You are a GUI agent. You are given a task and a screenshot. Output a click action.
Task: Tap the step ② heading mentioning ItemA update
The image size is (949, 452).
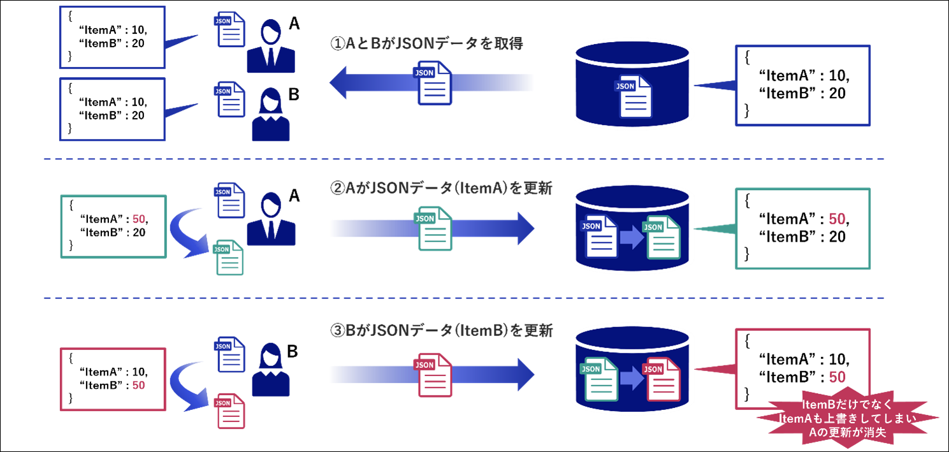tap(440, 189)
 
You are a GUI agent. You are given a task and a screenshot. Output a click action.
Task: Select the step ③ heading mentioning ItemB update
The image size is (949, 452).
tap(440, 331)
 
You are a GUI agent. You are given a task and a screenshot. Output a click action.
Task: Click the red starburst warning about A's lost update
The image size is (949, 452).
tap(848, 419)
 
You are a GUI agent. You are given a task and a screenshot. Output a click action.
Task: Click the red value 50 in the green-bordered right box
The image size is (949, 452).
tap(837, 219)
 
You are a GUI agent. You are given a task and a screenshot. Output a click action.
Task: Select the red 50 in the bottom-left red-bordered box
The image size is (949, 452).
tap(138, 386)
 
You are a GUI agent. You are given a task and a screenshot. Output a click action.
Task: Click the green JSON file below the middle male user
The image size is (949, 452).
tap(229, 256)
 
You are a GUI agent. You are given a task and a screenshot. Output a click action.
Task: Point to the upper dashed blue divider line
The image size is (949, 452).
tap(463, 159)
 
